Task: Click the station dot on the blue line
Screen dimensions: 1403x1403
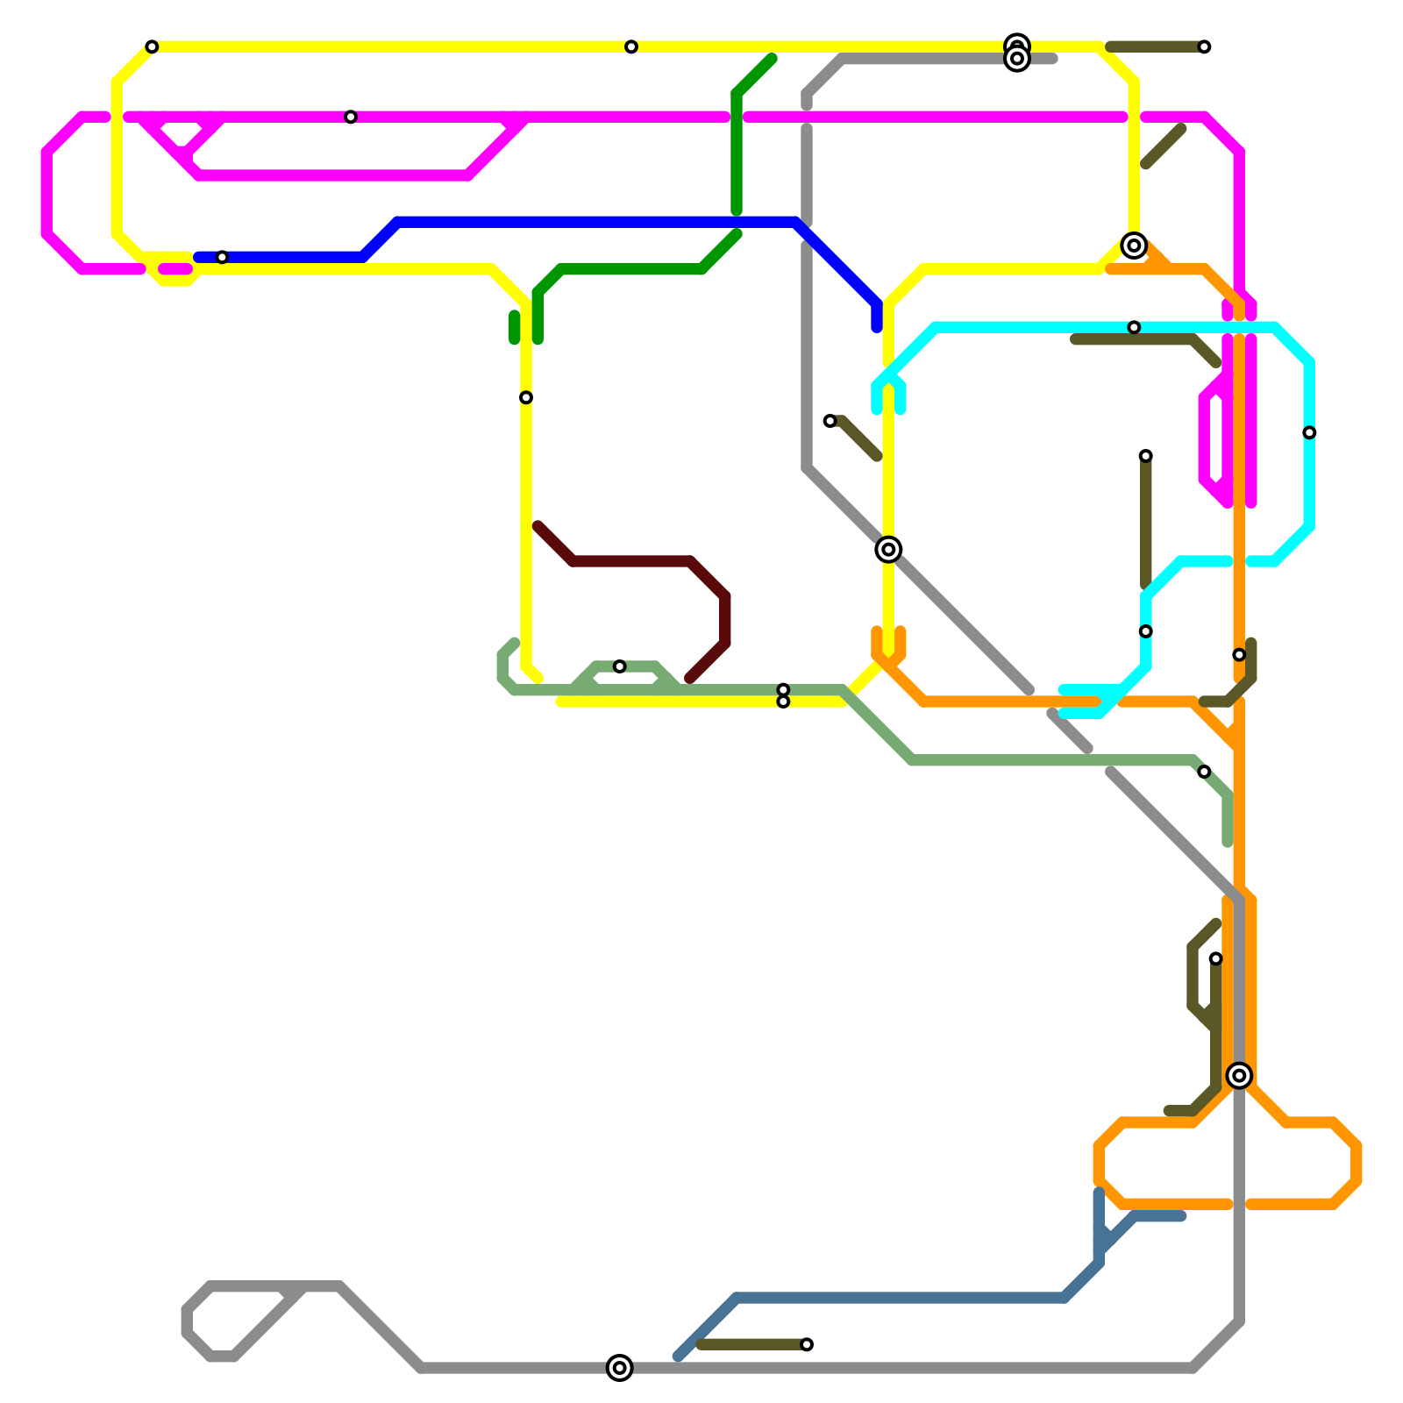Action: (222, 257)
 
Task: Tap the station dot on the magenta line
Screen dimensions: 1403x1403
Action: (351, 117)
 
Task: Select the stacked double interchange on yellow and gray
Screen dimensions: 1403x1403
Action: (1017, 53)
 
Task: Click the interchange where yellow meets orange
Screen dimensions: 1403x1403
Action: (1134, 246)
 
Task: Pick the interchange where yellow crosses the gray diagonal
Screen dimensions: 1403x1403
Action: (888, 549)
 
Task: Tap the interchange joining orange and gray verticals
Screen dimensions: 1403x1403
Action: (1239, 1075)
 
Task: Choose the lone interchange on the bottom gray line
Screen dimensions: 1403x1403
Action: (619, 1367)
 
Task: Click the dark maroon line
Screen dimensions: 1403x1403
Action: (631, 561)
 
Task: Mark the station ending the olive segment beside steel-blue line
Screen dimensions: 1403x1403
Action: (807, 1344)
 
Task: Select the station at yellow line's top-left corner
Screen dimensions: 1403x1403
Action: (152, 46)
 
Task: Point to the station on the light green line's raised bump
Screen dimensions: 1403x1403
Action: (619, 666)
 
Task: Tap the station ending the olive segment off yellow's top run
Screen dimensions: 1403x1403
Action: (1204, 46)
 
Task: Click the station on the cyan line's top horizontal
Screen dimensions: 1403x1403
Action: (1134, 327)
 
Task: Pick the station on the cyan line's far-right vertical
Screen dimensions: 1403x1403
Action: (1309, 432)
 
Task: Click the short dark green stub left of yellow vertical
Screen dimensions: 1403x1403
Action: (514, 327)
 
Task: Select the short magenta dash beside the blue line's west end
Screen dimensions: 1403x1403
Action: (175, 268)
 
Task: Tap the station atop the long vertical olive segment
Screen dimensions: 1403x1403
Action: (1145, 456)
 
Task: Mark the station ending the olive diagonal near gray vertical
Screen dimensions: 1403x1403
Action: (830, 421)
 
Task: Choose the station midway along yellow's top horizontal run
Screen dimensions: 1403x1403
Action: (631, 46)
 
